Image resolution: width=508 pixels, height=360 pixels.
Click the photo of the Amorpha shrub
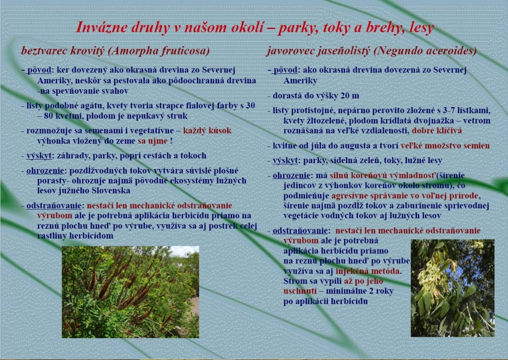coord(130,292)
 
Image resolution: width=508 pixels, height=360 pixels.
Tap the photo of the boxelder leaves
coord(452,288)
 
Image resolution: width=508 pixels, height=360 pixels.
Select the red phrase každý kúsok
coord(207,131)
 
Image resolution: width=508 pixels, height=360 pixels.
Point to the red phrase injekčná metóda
coord(368,271)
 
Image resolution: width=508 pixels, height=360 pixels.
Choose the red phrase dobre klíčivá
coord(437,131)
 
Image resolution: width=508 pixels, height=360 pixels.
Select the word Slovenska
coord(111,190)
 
